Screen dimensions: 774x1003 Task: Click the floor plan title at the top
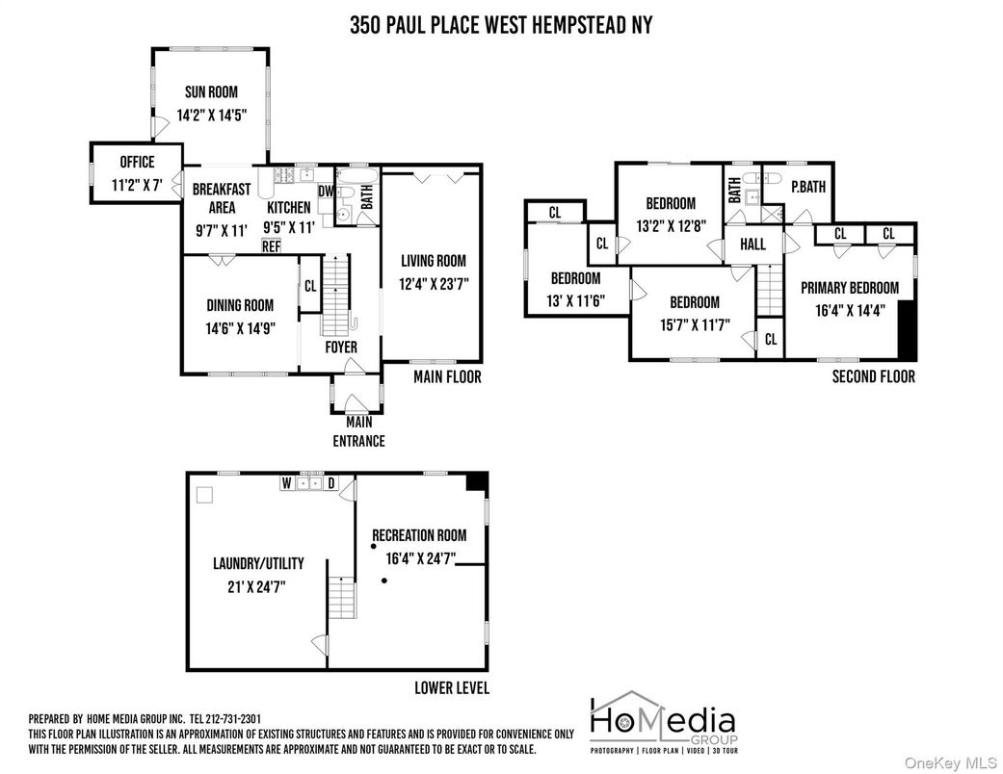point(500,25)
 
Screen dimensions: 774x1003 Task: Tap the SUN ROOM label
point(211,92)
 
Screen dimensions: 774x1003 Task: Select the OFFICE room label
point(137,162)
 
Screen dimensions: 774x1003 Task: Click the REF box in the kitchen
point(271,245)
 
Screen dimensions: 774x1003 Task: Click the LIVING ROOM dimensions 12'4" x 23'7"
point(433,282)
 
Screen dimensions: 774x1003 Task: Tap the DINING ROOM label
point(240,305)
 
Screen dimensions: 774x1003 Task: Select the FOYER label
point(340,347)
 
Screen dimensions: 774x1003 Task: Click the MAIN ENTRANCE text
point(358,431)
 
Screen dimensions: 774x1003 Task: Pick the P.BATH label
point(807,188)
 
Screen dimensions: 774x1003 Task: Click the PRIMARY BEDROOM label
point(849,287)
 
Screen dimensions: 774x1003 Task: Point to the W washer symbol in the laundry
point(287,483)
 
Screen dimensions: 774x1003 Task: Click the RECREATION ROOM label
point(419,535)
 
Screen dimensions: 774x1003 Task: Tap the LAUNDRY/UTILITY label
point(257,563)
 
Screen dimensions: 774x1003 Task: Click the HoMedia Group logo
point(663,721)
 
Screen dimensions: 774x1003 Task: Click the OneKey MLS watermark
point(949,761)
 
